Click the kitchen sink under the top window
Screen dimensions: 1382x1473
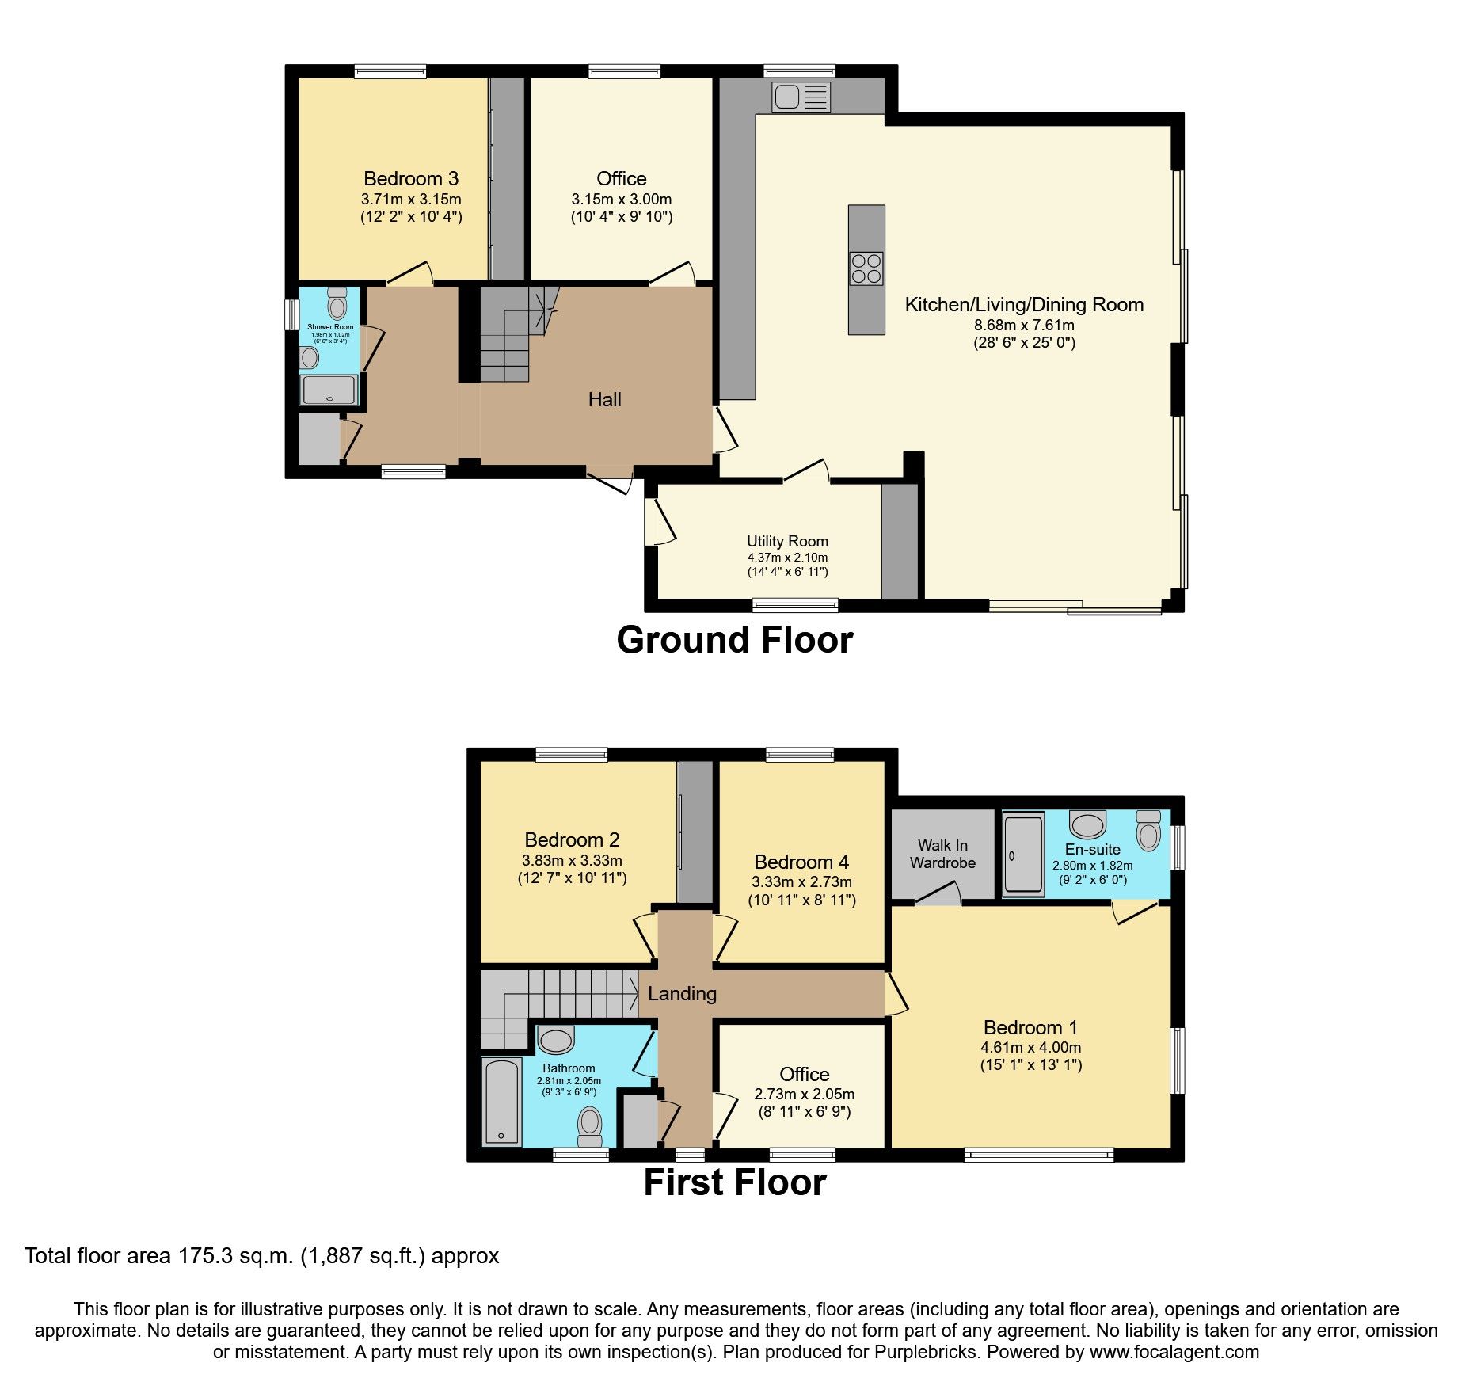[x=801, y=97]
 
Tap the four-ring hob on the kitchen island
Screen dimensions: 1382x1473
[x=866, y=268]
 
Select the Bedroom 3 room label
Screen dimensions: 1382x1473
[x=411, y=179]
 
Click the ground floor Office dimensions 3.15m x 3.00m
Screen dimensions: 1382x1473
[x=621, y=200]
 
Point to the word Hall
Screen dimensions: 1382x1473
[x=604, y=400]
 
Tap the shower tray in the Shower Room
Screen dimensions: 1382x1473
[x=329, y=390]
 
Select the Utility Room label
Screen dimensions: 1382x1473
[x=787, y=542]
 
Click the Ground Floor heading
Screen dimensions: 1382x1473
[x=734, y=640]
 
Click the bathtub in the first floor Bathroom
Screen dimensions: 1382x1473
[x=501, y=1103]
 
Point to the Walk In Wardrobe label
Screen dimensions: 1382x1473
[x=942, y=855]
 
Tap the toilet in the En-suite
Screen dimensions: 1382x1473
[x=1148, y=829]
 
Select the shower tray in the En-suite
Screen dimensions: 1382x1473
[x=1023, y=855]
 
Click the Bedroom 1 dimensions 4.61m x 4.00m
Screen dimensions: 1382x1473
[x=1030, y=1047]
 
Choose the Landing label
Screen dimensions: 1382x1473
[x=682, y=993]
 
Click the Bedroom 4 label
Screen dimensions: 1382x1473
[x=801, y=862]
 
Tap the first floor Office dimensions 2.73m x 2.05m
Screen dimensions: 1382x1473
[x=804, y=1095]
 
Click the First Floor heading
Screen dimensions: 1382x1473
[x=734, y=1183]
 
